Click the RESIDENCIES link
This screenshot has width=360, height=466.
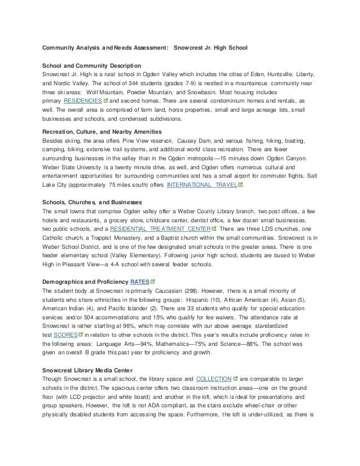[78, 100]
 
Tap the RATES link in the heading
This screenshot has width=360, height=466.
[139, 280]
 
